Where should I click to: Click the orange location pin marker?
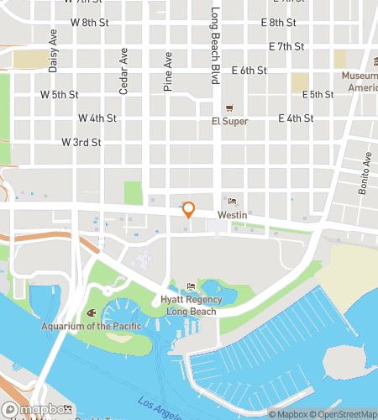(x=189, y=210)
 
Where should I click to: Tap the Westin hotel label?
(x=232, y=214)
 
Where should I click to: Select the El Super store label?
(x=228, y=121)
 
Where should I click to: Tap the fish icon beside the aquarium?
(x=91, y=312)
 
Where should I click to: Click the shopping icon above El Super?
(x=228, y=108)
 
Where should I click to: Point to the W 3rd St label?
(x=81, y=143)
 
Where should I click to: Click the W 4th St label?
(x=97, y=118)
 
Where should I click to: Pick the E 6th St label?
(x=249, y=71)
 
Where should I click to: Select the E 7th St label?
(x=286, y=45)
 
